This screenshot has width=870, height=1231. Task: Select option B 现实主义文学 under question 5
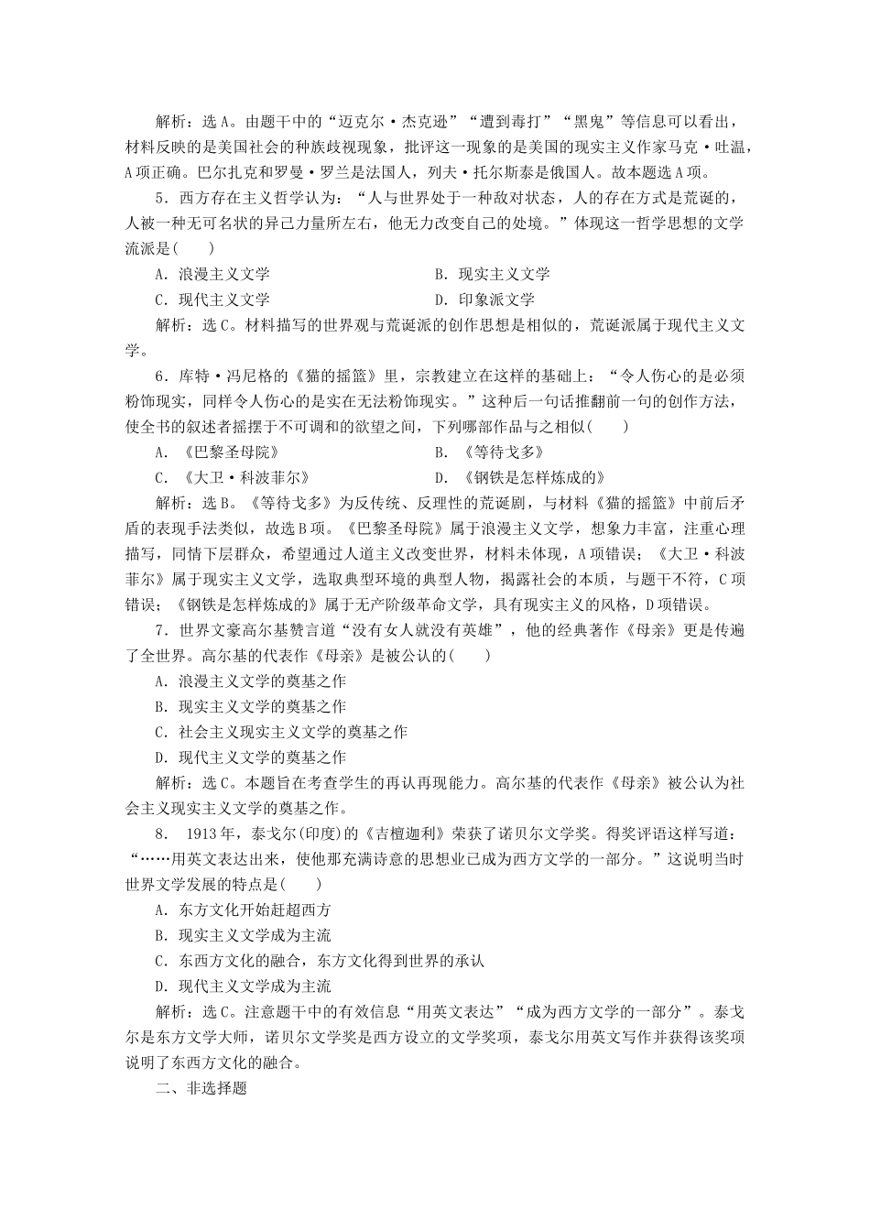[x=493, y=274]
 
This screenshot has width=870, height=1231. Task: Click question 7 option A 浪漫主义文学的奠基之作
[x=251, y=681]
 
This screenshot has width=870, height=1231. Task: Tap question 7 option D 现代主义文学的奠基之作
[x=251, y=757]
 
